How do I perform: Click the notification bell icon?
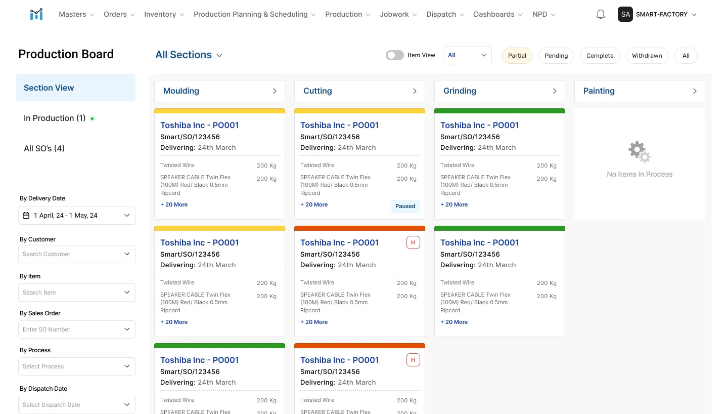tap(600, 14)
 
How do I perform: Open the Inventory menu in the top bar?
tap(164, 14)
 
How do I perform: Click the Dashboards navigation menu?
tap(498, 14)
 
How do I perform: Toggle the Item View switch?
tap(394, 55)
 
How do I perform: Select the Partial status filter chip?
tap(517, 56)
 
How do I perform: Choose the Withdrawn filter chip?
tap(647, 56)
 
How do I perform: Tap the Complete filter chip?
tap(600, 56)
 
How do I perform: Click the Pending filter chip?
tap(556, 56)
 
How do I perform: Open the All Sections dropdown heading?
tap(189, 55)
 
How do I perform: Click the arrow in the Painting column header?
tap(695, 91)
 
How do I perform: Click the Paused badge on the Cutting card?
tap(405, 206)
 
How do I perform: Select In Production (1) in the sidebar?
tap(55, 118)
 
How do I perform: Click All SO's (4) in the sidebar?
tap(44, 148)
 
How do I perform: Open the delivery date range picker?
tap(77, 216)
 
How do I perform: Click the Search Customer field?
tap(77, 254)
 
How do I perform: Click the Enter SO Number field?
tap(77, 329)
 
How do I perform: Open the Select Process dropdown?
tap(77, 366)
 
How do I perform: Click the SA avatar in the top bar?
tap(625, 14)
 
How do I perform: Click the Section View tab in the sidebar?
tap(76, 88)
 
